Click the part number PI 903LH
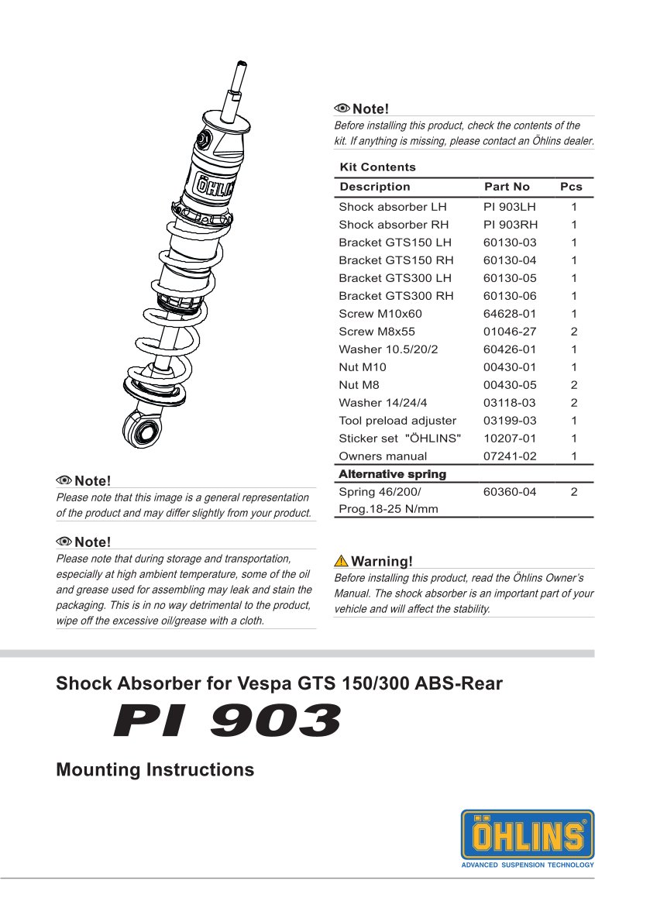tap(509, 207)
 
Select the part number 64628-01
tap(509, 314)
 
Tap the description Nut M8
tap(359, 385)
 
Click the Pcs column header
tap(571, 187)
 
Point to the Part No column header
tap(507, 187)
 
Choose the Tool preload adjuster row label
tap(397, 421)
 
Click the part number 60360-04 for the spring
tap(509, 492)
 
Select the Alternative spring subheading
tap(392, 474)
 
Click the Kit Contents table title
tap(377, 167)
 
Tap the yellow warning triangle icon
tap(341, 561)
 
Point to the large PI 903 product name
tap(226, 721)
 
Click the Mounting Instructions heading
tap(155, 770)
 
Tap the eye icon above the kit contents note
tap(342, 108)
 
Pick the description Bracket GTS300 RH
tap(396, 296)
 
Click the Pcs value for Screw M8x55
tap(574, 332)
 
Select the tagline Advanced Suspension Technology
tap(528, 865)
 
